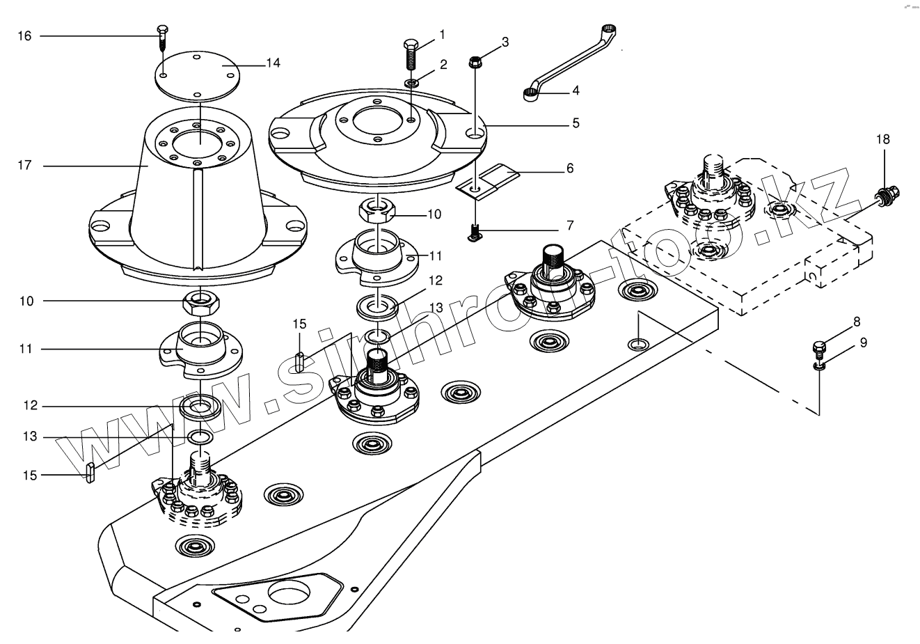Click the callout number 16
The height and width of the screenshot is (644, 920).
point(24,36)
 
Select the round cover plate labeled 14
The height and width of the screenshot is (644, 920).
point(197,76)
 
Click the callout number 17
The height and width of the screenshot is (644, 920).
point(24,165)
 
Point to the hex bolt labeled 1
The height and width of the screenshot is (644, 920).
point(411,54)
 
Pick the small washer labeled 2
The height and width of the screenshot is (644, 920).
point(411,83)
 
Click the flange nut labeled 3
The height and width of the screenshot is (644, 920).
point(475,62)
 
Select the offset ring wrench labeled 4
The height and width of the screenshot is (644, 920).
point(570,63)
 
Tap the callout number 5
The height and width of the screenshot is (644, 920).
point(576,123)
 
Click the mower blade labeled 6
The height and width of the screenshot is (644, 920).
point(488,182)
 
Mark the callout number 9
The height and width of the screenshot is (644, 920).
point(864,343)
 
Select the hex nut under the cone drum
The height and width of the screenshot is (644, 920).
point(201,303)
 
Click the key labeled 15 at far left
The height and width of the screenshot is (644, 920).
point(90,472)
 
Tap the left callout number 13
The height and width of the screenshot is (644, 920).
point(29,437)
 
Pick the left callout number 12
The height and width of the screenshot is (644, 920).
point(30,406)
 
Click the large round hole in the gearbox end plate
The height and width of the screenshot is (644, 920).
point(288,595)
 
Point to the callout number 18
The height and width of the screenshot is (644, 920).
point(882,139)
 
